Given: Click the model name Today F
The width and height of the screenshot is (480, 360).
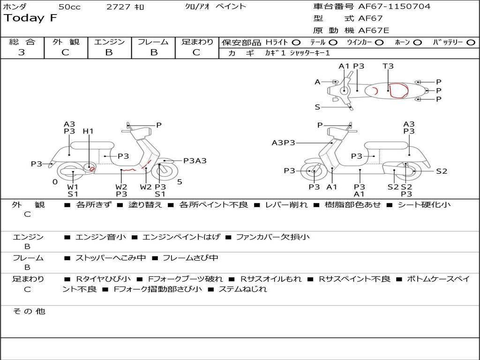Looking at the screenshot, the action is pyautogui.click(x=30, y=18).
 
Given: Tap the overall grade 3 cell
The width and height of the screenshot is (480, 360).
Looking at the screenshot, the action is pyautogui.click(x=22, y=52).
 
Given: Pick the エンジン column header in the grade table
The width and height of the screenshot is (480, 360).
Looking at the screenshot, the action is pyautogui.click(x=109, y=42).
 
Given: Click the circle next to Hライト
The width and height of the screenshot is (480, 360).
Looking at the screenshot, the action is pyautogui.click(x=296, y=42).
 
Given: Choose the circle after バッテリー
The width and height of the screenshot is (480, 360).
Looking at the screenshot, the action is pyautogui.click(x=470, y=42).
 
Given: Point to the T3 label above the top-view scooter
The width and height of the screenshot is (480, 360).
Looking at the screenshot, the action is pyautogui.click(x=388, y=66).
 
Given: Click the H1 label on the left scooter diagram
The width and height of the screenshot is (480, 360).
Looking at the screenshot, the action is pyautogui.click(x=88, y=131).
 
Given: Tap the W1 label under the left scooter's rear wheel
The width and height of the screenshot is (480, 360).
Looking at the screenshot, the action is pyautogui.click(x=73, y=187).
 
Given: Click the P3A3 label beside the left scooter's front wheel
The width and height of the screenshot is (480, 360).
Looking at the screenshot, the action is pyautogui.click(x=195, y=161).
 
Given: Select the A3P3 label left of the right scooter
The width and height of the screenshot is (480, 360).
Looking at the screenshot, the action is pyautogui.click(x=283, y=142).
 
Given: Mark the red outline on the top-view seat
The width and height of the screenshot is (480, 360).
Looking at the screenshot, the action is pyautogui.click(x=398, y=90).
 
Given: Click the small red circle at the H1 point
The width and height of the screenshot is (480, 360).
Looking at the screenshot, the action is pyautogui.click(x=92, y=168).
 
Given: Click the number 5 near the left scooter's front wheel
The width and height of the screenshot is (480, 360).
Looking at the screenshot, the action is pyautogui.click(x=180, y=182).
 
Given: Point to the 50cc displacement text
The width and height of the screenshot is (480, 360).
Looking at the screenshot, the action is pyautogui.click(x=69, y=7).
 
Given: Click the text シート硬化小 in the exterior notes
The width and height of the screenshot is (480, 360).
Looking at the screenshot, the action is pyautogui.click(x=424, y=205).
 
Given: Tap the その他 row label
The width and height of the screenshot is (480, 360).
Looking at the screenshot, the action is pyautogui.click(x=29, y=311).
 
